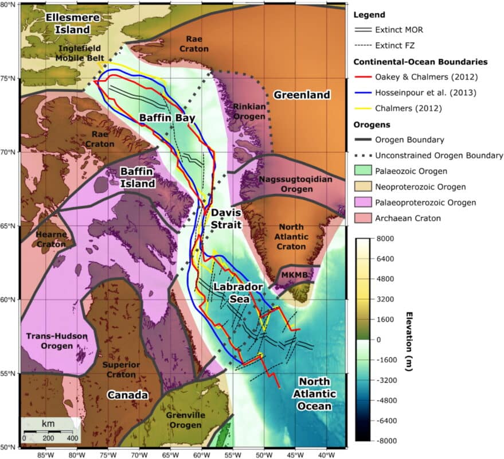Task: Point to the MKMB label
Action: (x=291, y=277)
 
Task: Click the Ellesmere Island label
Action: (x=69, y=23)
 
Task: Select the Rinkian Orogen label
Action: (x=249, y=111)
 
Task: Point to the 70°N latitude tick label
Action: (x=9, y=152)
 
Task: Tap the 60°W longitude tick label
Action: (x=201, y=453)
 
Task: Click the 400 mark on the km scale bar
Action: (x=72, y=438)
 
